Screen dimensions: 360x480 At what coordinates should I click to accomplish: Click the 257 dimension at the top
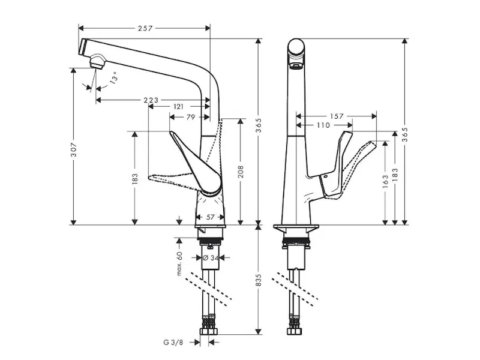(145, 28)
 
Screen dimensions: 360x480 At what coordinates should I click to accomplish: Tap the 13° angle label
(113, 77)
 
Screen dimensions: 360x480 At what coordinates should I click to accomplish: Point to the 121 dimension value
(179, 107)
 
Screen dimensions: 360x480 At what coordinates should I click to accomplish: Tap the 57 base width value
(211, 217)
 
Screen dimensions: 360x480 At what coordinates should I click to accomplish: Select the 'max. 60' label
(179, 263)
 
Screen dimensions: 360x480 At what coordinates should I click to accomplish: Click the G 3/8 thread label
(173, 343)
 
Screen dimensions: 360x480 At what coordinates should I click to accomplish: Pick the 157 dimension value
(337, 116)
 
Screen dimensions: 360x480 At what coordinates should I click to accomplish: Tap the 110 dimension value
(323, 125)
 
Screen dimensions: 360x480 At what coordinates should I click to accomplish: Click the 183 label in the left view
(136, 179)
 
